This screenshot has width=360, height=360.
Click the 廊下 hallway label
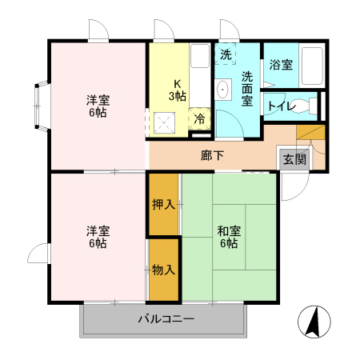point(212,155)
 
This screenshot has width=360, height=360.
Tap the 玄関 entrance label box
point(294,158)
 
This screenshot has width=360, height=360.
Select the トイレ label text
point(279,105)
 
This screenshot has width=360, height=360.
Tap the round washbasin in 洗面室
point(222,89)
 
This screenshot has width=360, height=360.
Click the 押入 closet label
point(163,204)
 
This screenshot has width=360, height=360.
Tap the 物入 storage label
point(163,270)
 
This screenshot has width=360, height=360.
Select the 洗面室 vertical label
point(248,89)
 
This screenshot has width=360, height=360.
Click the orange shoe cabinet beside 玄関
point(311,132)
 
